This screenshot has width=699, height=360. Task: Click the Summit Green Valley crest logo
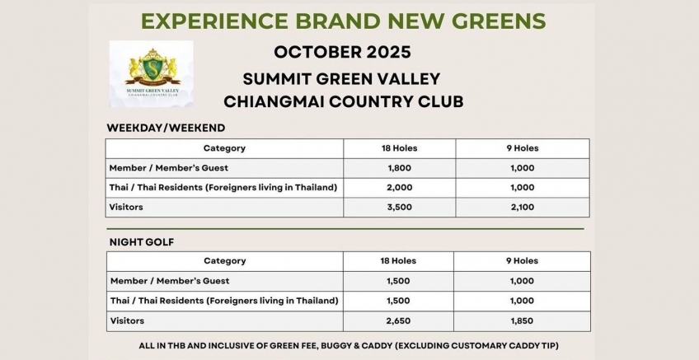pyautogui.click(x=151, y=73)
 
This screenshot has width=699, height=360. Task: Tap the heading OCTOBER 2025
pyautogui.click(x=342, y=52)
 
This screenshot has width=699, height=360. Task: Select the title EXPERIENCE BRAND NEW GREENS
pyautogui.click(x=343, y=21)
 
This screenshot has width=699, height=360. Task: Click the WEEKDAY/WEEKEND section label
pyautogui.click(x=166, y=128)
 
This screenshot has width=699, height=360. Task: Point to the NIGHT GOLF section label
pyautogui.click(x=142, y=242)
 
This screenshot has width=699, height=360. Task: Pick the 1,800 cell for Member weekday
pyautogui.click(x=400, y=168)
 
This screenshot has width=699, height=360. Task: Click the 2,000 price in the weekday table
pyautogui.click(x=400, y=188)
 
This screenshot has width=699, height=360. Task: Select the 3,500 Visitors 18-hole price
pyautogui.click(x=400, y=207)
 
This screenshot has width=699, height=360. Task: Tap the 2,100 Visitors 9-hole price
pyautogui.click(x=523, y=207)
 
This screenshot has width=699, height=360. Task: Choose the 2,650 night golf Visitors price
pyautogui.click(x=398, y=320)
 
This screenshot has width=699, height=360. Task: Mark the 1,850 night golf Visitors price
pyautogui.click(x=522, y=320)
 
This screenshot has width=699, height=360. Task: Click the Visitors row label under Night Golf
pyautogui.click(x=128, y=320)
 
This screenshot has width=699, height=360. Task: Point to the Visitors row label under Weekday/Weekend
pyautogui.click(x=126, y=207)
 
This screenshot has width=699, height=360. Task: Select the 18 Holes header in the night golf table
pyautogui.click(x=398, y=261)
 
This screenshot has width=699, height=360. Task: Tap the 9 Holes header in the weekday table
pyautogui.click(x=523, y=148)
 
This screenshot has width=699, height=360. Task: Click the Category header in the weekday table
pyautogui.click(x=224, y=148)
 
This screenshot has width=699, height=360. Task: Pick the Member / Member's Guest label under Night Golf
pyautogui.click(x=170, y=281)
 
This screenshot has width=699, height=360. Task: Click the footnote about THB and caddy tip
pyautogui.click(x=349, y=346)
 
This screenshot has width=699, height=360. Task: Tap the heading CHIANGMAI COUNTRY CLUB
pyautogui.click(x=343, y=101)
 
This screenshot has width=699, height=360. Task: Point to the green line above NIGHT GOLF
pyautogui.click(x=345, y=229)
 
